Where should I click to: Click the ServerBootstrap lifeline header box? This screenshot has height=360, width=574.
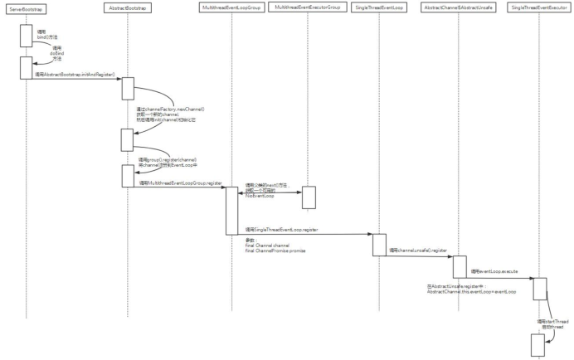pyautogui.click(x=27, y=7)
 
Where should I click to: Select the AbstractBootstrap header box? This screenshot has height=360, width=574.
pyautogui.click(x=126, y=7)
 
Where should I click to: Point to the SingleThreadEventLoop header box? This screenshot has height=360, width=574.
pyautogui.click(x=378, y=7)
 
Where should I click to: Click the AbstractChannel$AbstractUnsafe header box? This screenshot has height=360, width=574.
pyautogui.click(x=460, y=7)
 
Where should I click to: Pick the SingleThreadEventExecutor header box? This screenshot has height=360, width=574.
pyautogui.click(x=539, y=7)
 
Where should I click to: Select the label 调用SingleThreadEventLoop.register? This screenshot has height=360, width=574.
pyautogui.click(x=283, y=229)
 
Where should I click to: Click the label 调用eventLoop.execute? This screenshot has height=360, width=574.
pyautogui.click(x=495, y=271)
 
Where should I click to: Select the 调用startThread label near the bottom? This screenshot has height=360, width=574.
pyautogui.click(x=552, y=320)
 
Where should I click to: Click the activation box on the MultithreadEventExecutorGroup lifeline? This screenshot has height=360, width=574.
pyautogui.click(x=308, y=197)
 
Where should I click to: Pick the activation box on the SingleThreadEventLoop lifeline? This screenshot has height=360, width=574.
pyautogui.click(x=378, y=244)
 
